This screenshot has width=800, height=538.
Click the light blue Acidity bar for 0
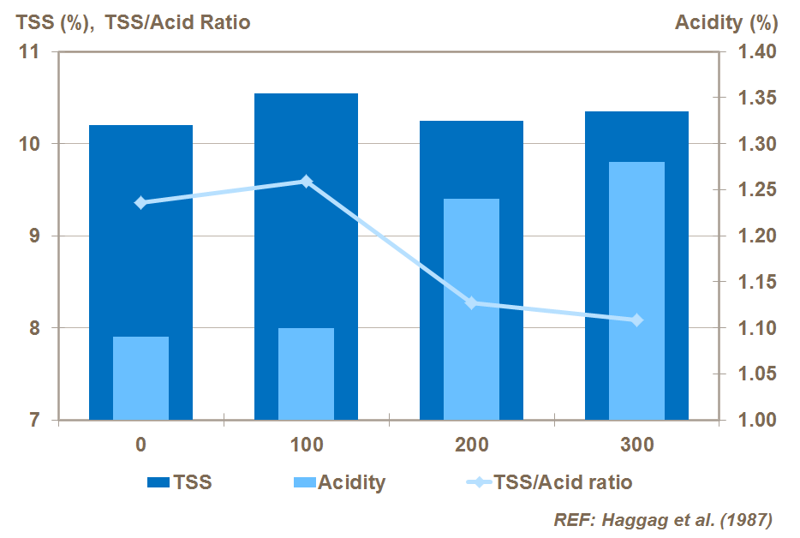[140, 378]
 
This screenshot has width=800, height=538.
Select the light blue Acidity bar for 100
[306, 374]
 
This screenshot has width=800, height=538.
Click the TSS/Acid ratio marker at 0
[141, 203]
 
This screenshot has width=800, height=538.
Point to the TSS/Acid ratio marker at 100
[307, 182]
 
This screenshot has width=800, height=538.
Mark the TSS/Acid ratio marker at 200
[472, 302]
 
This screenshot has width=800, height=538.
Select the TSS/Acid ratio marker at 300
[637, 320]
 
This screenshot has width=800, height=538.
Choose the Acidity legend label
[351, 482]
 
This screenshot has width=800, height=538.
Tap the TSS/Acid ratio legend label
[563, 482]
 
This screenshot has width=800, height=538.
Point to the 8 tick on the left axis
[34, 328]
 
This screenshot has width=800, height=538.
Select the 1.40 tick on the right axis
[756, 52]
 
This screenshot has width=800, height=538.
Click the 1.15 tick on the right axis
[756, 282]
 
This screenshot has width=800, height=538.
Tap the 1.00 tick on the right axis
[756, 420]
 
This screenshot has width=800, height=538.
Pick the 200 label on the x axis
[472, 445]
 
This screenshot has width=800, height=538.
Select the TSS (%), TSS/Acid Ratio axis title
[130, 22]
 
